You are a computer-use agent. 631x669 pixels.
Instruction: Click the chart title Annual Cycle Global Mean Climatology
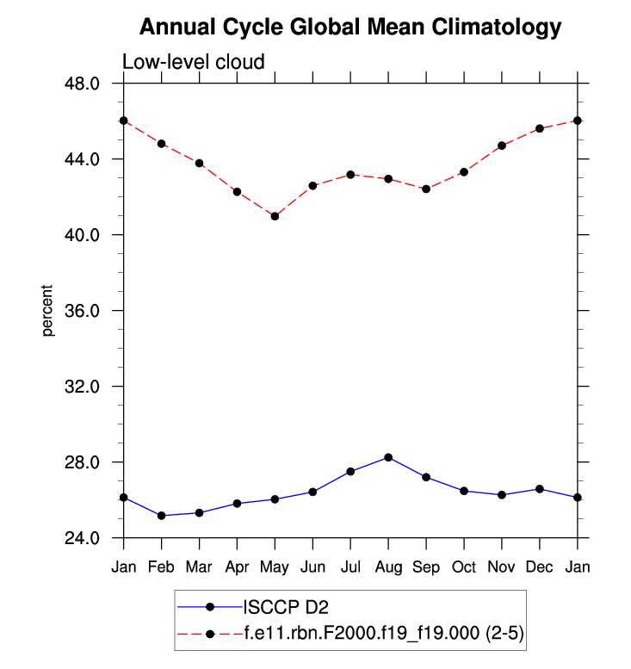[350, 28]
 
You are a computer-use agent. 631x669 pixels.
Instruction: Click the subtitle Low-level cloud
[193, 62]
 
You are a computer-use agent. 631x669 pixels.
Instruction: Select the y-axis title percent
[48, 311]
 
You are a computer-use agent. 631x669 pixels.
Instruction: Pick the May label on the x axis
[275, 567]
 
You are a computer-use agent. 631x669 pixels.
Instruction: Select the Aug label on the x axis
[388, 567]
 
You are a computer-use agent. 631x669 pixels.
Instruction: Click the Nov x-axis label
[502, 567]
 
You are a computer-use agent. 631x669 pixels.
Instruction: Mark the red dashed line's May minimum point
[275, 216]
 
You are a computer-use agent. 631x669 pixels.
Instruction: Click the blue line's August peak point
[388, 457]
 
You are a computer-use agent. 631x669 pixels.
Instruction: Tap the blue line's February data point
[162, 516]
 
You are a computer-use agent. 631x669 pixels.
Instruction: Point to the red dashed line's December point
[540, 128]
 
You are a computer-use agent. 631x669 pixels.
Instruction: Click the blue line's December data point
[540, 489]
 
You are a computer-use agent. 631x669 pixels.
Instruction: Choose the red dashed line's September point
[426, 189]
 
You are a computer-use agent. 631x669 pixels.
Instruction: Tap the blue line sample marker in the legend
[209, 606]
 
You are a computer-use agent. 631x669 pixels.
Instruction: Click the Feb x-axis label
[162, 567]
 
